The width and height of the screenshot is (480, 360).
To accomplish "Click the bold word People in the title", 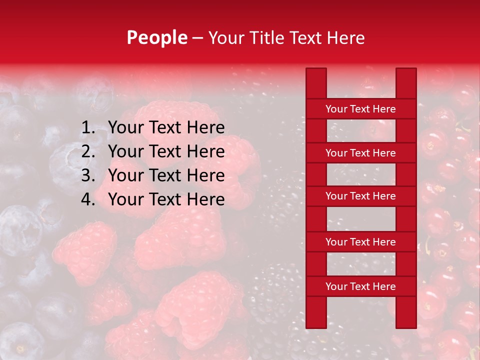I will [156, 38].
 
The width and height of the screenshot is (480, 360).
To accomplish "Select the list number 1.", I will [88, 128].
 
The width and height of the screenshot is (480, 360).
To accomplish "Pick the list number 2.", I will [88, 151].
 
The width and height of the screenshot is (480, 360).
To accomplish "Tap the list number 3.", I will [88, 175].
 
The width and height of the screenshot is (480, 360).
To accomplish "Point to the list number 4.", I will [88, 199].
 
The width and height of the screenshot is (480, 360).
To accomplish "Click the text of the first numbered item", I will [166, 128].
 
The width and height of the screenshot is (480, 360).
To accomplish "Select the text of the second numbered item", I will [166, 151].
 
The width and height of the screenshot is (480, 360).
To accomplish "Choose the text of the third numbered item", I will [166, 175].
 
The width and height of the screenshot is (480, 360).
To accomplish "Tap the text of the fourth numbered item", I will [166, 199].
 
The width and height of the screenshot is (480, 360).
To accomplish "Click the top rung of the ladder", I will [360, 109].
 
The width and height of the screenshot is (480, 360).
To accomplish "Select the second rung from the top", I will [360, 153].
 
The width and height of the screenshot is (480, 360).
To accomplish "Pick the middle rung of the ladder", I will [360, 196].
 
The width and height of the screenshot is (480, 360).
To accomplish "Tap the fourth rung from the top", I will [360, 242].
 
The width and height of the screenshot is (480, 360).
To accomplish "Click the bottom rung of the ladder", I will [360, 286].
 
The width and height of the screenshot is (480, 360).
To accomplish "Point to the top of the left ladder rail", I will [316, 72].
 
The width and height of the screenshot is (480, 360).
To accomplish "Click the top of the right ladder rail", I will [406, 72].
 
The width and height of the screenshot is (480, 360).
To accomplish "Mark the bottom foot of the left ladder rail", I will [316, 324].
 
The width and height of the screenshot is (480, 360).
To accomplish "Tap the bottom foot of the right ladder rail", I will [406, 324].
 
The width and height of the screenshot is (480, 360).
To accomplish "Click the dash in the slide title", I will [197, 38].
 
